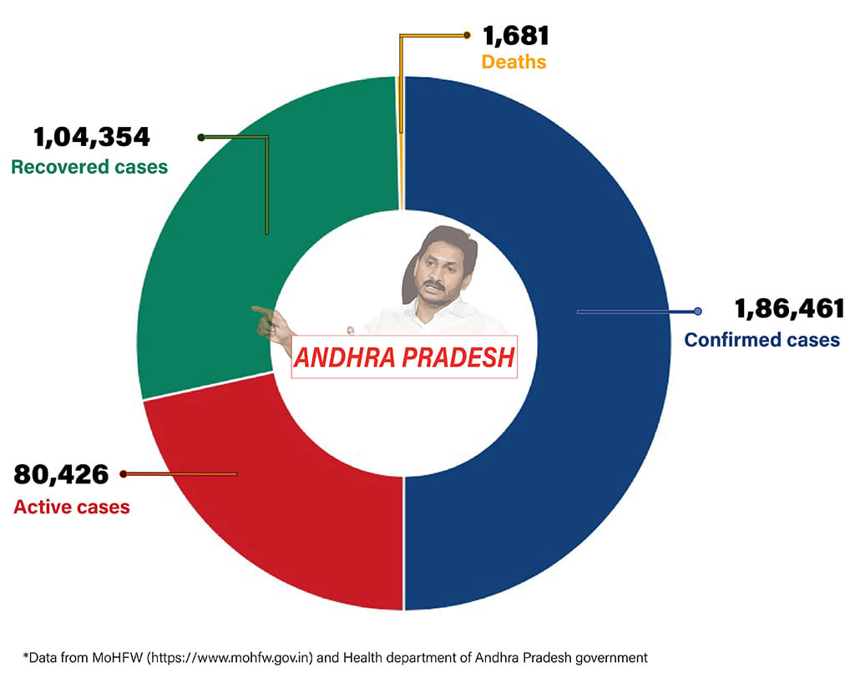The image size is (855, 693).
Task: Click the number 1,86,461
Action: click(789, 310)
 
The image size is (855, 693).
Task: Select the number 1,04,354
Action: click(91, 137)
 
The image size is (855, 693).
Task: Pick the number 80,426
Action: click(62, 474)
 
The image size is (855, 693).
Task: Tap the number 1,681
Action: click(515, 37)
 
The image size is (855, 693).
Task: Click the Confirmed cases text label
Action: click(761, 340)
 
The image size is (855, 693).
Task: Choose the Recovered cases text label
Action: click(89, 167)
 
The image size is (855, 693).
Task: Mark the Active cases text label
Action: click(72, 506)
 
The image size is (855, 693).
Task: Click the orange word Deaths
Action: click(514, 62)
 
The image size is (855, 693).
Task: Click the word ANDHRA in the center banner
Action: click(341, 357)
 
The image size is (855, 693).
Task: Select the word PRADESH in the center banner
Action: click(457, 357)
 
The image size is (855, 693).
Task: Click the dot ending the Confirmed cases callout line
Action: click(698, 311)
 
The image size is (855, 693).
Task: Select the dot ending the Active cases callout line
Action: click(124, 474)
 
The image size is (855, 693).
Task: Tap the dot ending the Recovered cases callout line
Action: click(200, 137)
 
